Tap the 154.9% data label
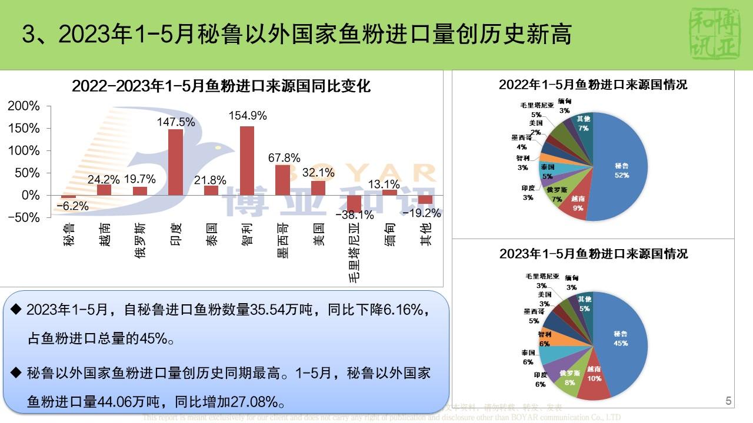[x=247, y=116]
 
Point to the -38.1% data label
[x=355, y=215]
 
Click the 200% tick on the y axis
[x=24, y=106]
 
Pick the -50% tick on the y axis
[x=24, y=217]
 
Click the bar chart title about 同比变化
[x=221, y=86]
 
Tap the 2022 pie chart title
[x=593, y=85]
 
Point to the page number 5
[x=728, y=402]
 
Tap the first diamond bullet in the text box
[x=16, y=309]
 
